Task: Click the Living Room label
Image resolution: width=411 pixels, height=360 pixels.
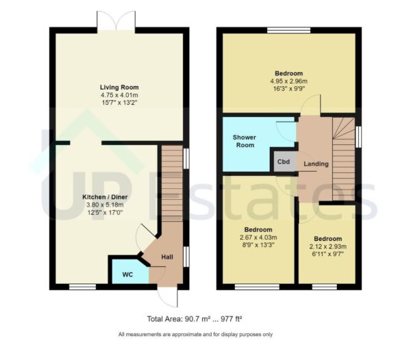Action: click(119, 88)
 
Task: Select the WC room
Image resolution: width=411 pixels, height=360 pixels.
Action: click(128, 274)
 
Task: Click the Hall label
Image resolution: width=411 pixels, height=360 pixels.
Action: click(166, 257)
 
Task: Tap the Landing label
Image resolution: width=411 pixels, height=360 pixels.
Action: click(316, 164)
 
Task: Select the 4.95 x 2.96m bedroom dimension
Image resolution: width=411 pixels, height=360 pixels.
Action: click(288, 80)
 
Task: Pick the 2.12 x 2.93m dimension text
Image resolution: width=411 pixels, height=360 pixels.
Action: click(327, 247)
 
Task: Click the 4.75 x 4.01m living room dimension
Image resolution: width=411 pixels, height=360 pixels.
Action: click(119, 96)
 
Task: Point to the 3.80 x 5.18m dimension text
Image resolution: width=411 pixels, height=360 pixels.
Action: click(101, 205)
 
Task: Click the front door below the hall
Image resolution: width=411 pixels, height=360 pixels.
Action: click(166, 296)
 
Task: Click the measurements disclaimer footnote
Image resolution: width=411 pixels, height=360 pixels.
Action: click(195, 335)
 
